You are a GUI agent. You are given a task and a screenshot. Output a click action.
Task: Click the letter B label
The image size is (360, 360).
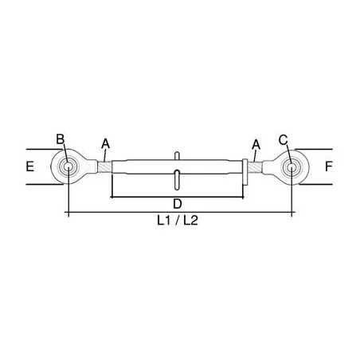60,139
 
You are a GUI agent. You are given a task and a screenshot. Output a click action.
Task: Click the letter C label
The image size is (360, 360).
283,139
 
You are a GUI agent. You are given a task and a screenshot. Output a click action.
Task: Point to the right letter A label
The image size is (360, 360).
256,143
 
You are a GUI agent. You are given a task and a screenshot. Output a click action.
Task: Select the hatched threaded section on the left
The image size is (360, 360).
104,167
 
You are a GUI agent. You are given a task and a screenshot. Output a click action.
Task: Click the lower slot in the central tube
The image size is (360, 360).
178,178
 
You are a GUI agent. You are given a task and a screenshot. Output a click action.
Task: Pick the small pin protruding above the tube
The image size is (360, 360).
178,155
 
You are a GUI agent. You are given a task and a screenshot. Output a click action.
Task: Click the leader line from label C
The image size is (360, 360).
288,152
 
